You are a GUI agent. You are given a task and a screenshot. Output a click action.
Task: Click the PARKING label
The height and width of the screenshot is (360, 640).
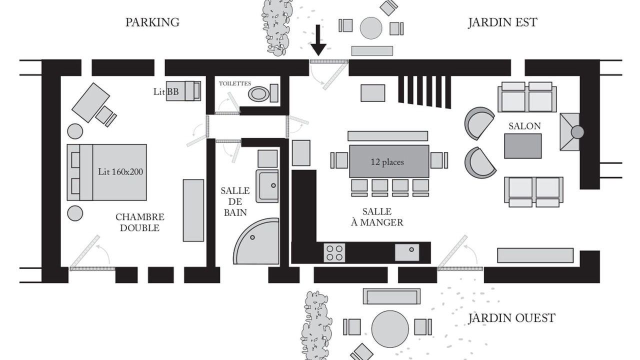click(152, 22)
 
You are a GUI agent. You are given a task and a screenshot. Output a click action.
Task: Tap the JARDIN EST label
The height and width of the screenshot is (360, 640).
click(502, 22)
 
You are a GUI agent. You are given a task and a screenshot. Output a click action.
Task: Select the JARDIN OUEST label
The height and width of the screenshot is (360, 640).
click(511, 318)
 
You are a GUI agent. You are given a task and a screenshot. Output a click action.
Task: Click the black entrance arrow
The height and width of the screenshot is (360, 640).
click(318, 40)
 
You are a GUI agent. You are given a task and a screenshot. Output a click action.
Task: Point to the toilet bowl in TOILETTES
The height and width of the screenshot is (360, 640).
click(258, 93)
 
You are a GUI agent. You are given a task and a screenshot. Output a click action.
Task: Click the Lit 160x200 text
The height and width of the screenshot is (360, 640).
click(120, 171)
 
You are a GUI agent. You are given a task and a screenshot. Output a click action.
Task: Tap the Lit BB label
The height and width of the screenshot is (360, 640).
click(166, 91)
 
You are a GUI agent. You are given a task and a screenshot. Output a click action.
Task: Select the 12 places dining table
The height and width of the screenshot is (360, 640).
click(389, 161)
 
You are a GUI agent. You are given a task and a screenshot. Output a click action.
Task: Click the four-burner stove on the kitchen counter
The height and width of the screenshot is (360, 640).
click(334, 253)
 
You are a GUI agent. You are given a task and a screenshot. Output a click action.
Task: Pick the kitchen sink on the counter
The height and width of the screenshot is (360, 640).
click(407, 252)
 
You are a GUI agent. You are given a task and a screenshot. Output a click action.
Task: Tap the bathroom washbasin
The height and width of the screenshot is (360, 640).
click(267, 186)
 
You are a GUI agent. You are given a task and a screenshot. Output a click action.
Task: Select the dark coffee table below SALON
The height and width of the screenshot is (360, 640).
click(522, 146)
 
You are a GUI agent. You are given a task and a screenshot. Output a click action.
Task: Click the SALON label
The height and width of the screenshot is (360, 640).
click(524, 126)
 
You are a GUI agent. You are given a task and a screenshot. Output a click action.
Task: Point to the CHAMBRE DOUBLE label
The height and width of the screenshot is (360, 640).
click(139, 222)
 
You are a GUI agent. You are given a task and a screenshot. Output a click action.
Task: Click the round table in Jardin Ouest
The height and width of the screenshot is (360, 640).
click(390, 329)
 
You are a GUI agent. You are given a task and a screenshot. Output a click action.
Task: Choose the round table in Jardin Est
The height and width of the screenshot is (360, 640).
click(371, 28)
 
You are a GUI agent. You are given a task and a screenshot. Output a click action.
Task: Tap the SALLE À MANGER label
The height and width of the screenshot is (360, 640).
click(377, 217)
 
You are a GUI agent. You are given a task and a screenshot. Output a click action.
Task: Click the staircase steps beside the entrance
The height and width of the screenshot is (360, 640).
click(424, 91)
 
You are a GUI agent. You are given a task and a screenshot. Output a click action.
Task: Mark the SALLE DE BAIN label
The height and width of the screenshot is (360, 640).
click(235, 201)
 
